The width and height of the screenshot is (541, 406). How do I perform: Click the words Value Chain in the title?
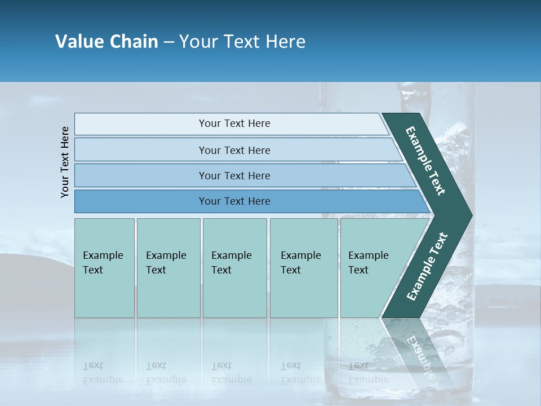click(x=107, y=42)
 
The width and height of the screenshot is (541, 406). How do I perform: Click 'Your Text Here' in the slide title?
click(x=242, y=42)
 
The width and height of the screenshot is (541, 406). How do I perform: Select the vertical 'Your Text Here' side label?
click(x=65, y=162)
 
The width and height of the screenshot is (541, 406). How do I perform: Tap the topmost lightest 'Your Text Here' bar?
click(x=234, y=123)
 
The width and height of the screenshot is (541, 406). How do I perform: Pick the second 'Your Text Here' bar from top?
click(x=234, y=150)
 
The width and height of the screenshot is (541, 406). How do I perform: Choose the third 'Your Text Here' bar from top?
click(x=234, y=175)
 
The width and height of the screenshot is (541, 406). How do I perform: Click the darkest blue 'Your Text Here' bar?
click(x=234, y=201)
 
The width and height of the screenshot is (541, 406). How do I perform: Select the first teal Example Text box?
click(x=104, y=268)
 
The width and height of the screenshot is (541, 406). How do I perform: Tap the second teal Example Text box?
click(x=168, y=268)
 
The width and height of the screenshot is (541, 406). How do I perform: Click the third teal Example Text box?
click(x=234, y=268)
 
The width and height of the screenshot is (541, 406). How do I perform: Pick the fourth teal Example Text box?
click(x=303, y=268)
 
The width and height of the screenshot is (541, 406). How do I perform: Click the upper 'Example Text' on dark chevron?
click(x=425, y=161)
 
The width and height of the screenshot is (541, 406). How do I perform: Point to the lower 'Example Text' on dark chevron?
click(x=427, y=267)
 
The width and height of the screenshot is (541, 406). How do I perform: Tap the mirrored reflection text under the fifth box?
click(x=360, y=373)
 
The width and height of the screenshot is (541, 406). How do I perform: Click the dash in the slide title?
click(x=168, y=42)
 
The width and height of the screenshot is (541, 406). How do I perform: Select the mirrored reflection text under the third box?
click(x=231, y=373)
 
